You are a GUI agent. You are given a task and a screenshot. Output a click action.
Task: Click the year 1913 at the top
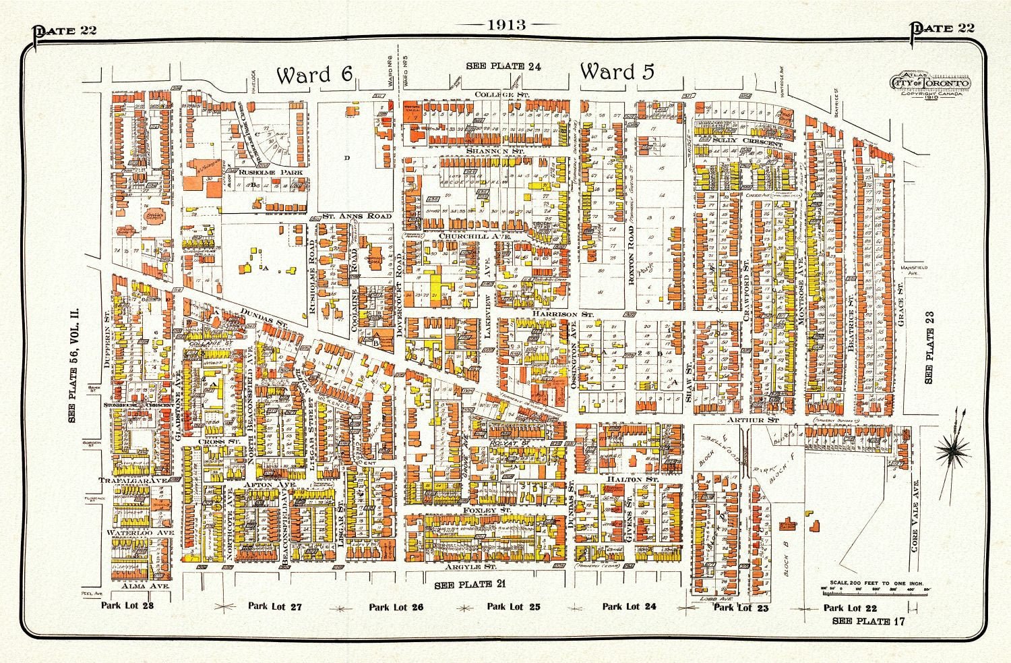506,25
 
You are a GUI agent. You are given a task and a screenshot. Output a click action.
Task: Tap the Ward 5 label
617,71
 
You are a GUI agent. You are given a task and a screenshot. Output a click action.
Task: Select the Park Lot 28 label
127,605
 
